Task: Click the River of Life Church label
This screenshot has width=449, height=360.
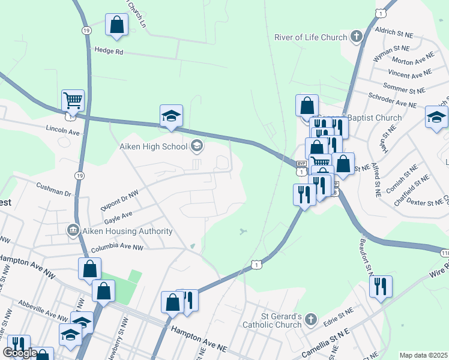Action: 310,37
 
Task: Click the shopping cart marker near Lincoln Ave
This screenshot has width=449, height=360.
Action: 73,101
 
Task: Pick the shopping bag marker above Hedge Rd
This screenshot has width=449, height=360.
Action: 116,25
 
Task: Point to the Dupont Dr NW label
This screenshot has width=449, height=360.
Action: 121,200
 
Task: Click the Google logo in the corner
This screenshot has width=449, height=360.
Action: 19,353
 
